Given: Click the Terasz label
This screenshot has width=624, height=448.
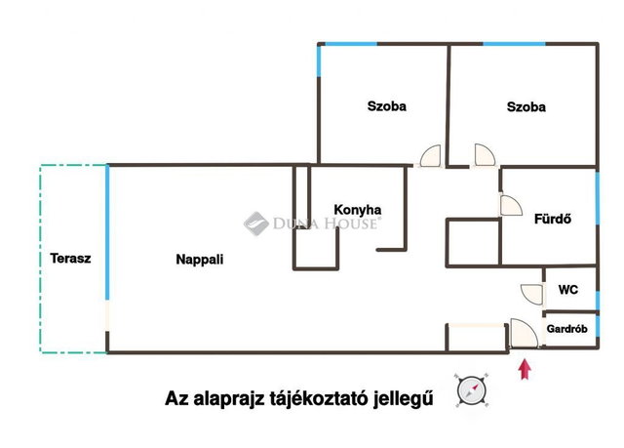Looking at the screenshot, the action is click(x=70, y=259).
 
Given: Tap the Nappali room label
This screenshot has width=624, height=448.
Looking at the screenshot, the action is click(x=199, y=260).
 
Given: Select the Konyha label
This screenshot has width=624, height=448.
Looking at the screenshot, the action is click(x=358, y=210).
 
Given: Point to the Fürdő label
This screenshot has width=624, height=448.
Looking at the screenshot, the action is click(x=553, y=219).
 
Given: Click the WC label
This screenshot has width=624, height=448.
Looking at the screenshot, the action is click(x=567, y=290).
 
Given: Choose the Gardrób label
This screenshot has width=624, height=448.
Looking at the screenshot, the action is click(x=567, y=329).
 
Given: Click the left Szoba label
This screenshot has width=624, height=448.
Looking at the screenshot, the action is click(x=387, y=106).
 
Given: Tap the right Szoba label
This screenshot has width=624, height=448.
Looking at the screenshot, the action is click(x=526, y=106).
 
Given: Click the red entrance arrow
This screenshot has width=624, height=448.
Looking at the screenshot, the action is click(x=526, y=369).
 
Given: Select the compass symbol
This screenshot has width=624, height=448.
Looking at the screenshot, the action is click(x=472, y=390).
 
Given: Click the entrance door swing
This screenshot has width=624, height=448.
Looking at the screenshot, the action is click(x=524, y=333).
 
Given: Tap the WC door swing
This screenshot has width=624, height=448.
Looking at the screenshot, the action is click(x=531, y=295).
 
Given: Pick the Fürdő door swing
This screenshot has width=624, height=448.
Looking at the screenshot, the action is click(x=511, y=206).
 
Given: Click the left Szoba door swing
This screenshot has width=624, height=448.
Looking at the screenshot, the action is click(x=431, y=155).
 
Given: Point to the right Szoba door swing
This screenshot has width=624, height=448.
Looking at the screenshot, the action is click(x=485, y=154).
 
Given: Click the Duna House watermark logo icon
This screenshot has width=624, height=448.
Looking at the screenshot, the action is click(x=255, y=224).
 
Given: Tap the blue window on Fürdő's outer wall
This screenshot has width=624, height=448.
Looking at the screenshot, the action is click(x=598, y=198).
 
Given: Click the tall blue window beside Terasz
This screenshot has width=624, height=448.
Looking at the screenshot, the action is click(x=107, y=232).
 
